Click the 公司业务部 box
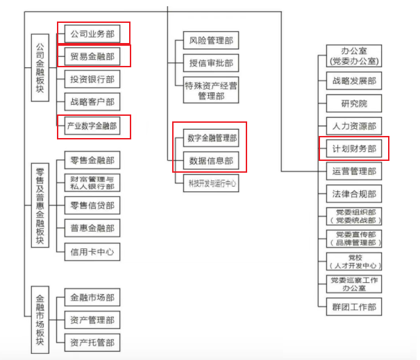(92, 33)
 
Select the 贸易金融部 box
(92, 56)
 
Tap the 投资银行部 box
(92, 79)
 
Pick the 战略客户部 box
(92, 102)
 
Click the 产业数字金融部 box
(92, 126)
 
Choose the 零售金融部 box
(92, 161)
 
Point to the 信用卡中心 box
(92, 251)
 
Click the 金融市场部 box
(92, 298)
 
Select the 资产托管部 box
(92, 342)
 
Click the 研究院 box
(354, 103)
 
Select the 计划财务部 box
(354, 148)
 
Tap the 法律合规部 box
(354, 194)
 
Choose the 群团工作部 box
(354, 306)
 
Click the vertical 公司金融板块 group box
(40, 78)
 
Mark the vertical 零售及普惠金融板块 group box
(40, 206)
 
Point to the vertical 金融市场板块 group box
(40, 319)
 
